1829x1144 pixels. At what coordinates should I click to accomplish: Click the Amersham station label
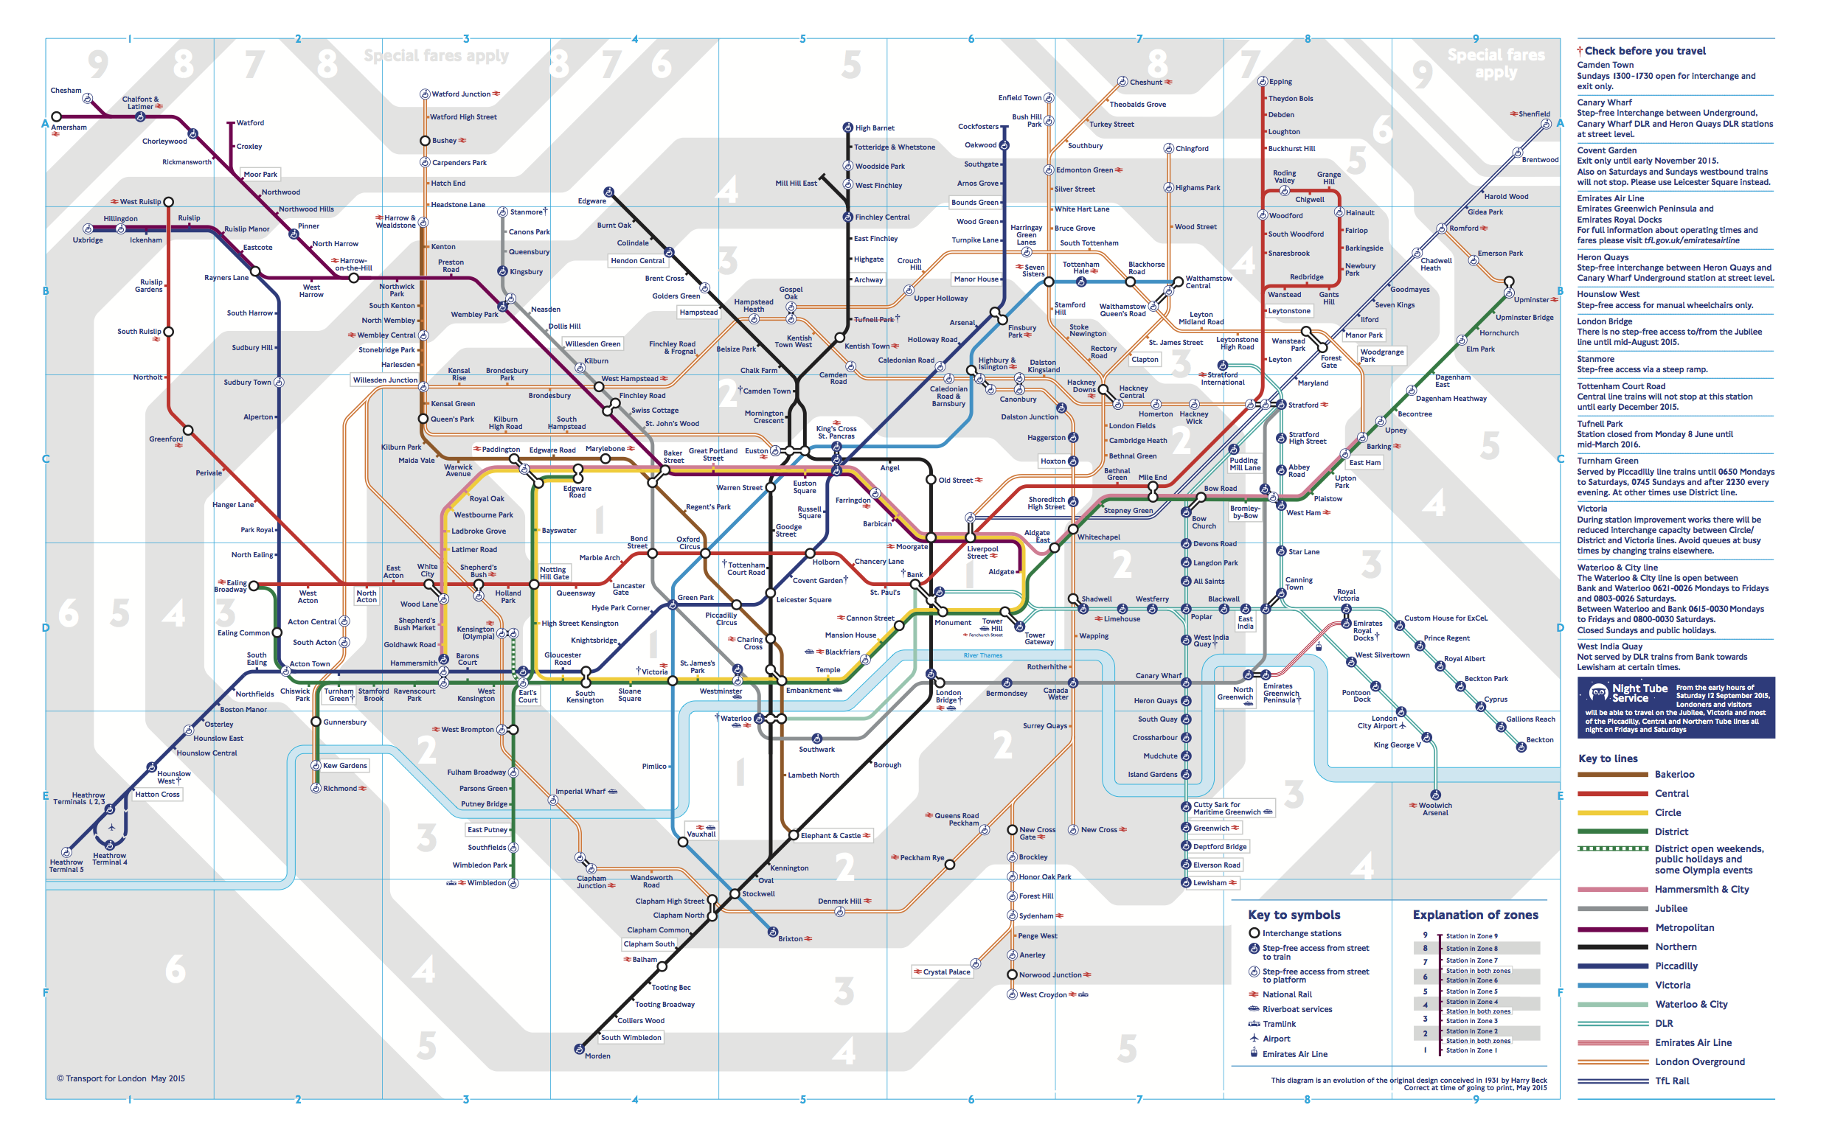69,127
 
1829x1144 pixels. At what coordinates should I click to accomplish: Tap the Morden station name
597,1056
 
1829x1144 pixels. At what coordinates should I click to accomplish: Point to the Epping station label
1280,82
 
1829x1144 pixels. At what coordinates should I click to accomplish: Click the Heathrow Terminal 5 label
66,865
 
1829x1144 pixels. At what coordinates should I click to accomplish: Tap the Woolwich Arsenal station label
1434,809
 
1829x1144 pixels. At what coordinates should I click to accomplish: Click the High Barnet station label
875,128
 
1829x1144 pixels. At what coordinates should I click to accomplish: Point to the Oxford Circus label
688,543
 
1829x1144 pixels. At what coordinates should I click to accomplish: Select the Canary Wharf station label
1158,676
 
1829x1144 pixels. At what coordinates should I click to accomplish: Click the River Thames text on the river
982,655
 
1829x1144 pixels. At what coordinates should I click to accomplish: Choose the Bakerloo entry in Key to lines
1674,774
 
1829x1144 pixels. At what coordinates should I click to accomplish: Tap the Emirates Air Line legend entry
1693,1042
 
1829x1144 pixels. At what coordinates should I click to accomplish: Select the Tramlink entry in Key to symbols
1279,1024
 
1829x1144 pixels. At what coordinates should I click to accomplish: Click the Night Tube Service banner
1676,708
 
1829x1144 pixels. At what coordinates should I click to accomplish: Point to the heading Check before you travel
1645,51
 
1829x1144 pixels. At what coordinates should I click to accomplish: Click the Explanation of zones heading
1475,915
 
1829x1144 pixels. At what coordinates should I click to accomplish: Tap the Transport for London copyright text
121,1078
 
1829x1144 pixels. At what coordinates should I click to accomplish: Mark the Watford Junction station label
460,94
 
